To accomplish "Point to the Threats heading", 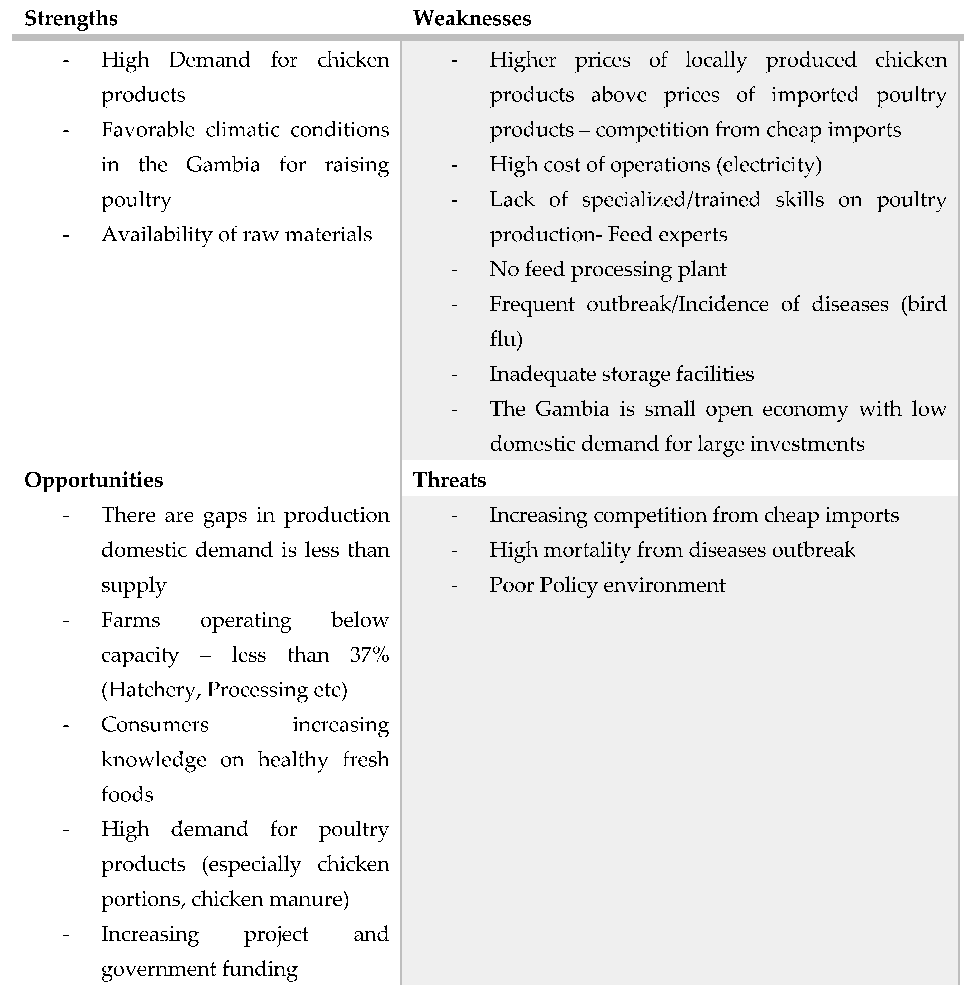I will tap(449, 480).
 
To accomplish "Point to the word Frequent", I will tap(532, 304).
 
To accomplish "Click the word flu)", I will tap(506, 339).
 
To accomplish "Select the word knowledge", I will tap(154, 760).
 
